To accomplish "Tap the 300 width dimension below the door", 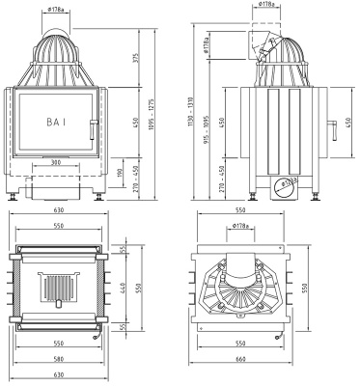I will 59,164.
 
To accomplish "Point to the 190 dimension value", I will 120,173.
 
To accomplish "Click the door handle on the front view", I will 93,124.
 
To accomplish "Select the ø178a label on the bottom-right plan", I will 244,227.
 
